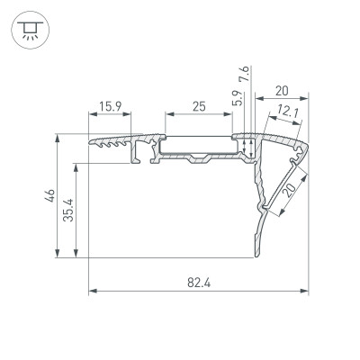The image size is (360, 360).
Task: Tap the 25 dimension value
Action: (x=199, y=106)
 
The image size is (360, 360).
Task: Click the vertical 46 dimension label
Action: (x=51, y=193)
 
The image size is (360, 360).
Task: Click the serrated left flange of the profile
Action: (x=112, y=142)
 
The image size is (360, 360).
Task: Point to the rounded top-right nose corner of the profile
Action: (x=304, y=144)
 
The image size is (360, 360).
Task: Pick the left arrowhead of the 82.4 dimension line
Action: (x=92, y=292)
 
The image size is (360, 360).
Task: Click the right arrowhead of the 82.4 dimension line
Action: (x=305, y=292)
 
